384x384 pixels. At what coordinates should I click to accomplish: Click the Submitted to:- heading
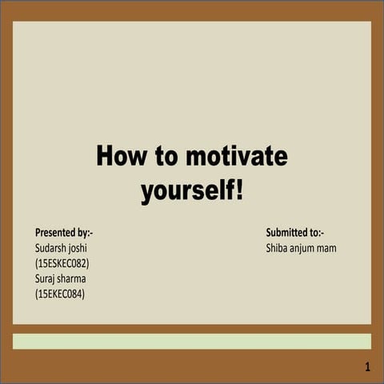pyautogui.click(x=294, y=233)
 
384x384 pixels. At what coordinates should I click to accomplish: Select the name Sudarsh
pyautogui.click(x=54, y=248)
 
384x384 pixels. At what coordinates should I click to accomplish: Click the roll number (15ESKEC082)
pyautogui.click(x=62, y=263)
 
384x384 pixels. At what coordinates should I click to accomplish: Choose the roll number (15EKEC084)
pyautogui.click(x=60, y=294)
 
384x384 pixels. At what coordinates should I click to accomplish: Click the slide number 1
pyautogui.click(x=366, y=367)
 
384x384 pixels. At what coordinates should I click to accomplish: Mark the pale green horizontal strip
pyautogui.click(x=192, y=342)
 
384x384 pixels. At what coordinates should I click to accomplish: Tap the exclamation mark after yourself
pyautogui.click(x=238, y=191)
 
